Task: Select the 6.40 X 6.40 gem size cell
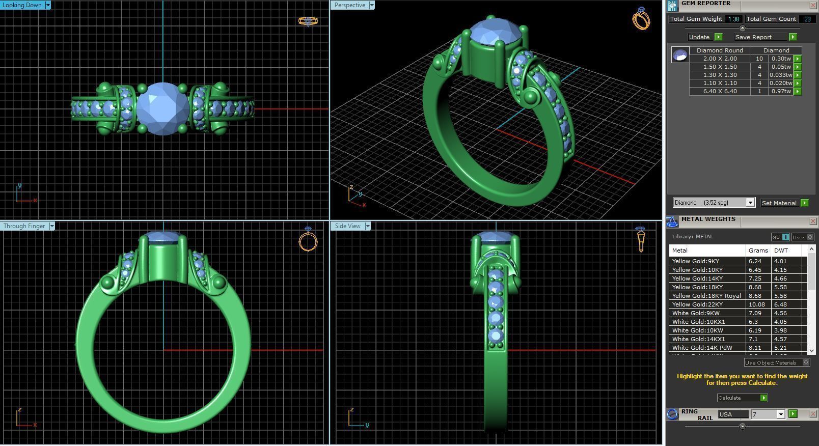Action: coord(720,91)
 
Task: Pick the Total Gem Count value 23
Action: coord(807,19)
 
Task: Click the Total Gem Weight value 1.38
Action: coord(733,19)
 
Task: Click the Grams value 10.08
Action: coord(756,304)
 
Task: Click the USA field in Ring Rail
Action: coord(732,414)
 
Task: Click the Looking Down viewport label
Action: coord(22,5)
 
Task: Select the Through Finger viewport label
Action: coord(24,226)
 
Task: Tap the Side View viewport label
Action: coord(348,226)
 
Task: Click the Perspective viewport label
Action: coord(350,5)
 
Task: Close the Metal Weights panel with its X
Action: coord(813,221)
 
